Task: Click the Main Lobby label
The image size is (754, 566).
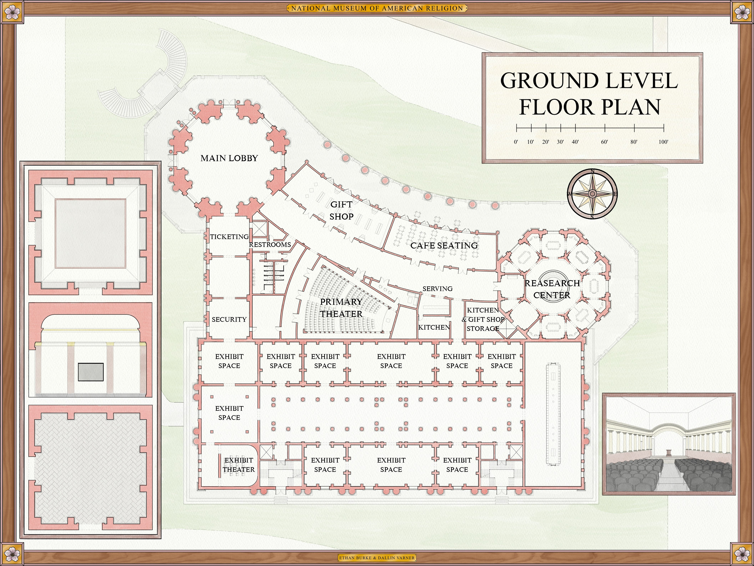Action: click(x=229, y=158)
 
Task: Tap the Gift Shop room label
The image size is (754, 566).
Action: click(x=341, y=210)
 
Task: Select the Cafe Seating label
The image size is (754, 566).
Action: click(x=444, y=246)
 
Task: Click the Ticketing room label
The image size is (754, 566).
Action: click(x=229, y=237)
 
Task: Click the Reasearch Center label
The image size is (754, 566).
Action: click(x=552, y=289)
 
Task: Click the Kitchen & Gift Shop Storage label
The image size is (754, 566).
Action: click(x=483, y=319)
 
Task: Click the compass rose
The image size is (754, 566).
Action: click(x=592, y=194)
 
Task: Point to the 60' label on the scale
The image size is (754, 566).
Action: click(x=604, y=142)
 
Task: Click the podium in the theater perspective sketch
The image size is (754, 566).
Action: click(x=669, y=454)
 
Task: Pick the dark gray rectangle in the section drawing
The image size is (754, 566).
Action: click(x=91, y=372)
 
